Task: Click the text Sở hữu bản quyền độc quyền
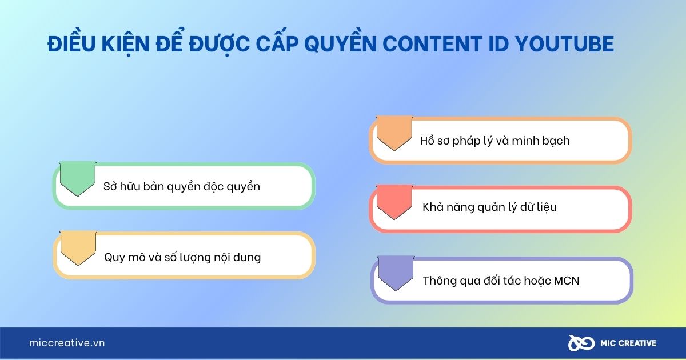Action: [182, 186]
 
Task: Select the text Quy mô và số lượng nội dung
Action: [182, 257]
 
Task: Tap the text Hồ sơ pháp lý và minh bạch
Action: [494, 141]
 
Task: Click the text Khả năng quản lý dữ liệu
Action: [489, 207]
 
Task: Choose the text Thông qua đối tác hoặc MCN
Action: [501, 281]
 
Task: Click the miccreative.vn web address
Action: [67, 343]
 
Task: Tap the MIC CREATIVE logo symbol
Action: [579, 343]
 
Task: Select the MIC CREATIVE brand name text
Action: [627, 343]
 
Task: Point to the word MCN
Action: [566, 281]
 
